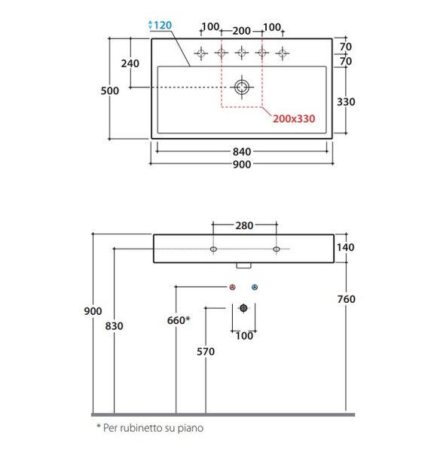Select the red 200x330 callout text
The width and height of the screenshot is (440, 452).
coord(294,119)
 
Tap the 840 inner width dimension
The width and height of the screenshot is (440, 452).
coord(242,151)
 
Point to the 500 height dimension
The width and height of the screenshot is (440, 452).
coord(110,91)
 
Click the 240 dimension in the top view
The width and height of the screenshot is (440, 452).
coord(130,63)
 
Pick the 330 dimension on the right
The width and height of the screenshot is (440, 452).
coord(346,102)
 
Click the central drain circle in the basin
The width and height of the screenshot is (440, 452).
coord(242,87)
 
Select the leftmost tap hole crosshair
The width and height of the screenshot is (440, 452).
coord(201,53)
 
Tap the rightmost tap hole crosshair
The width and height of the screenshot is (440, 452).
coord(283,53)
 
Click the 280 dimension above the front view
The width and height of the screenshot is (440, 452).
coord(244,225)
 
